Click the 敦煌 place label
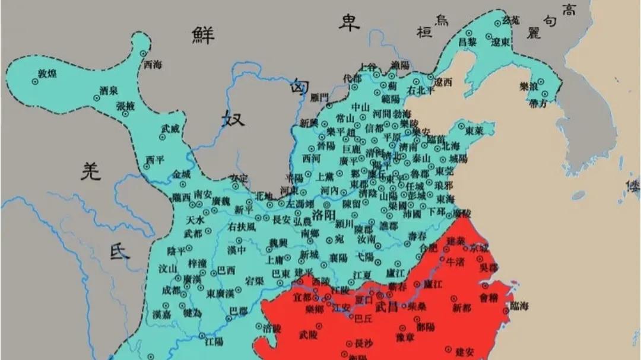pyautogui.click(x=47, y=74)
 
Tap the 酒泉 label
pyautogui.click(x=109, y=91)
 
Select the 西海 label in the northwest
pyautogui.click(x=153, y=65)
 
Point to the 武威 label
pyautogui.click(x=170, y=128)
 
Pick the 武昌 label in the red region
pyautogui.click(x=386, y=306)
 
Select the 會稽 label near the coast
pyautogui.click(x=490, y=298)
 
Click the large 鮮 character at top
pyautogui.click(x=206, y=35)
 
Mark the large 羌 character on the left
pyautogui.click(x=91, y=172)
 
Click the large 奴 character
pyautogui.click(x=232, y=118)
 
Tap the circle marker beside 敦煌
pyautogui.click(x=35, y=82)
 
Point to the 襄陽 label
pyautogui.click(x=338, y=258)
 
